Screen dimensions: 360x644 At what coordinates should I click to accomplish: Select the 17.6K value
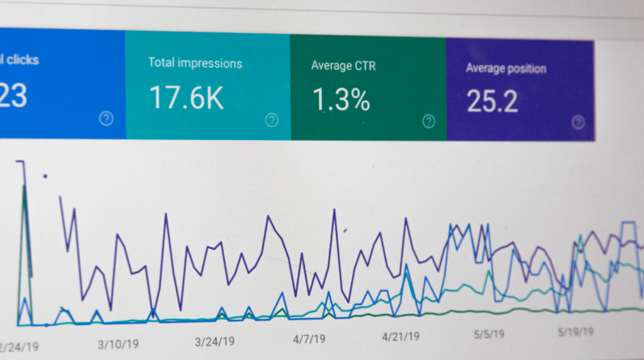pos(186,98)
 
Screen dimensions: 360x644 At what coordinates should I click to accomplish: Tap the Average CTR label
pos(342,66)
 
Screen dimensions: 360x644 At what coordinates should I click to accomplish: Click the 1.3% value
pos(341,100)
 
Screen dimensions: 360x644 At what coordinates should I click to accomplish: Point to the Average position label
pos(506,68)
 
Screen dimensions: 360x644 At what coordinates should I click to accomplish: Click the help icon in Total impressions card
pos(272,120)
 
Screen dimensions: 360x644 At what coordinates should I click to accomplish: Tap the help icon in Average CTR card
pos(429,121)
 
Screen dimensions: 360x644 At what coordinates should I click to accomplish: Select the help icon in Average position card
pos(578,122)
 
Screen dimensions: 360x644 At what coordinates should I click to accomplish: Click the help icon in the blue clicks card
pos(106,119)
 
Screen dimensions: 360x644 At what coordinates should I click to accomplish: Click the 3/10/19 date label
pos(117,344)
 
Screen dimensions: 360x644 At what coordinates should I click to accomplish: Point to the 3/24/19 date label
pos(214,341)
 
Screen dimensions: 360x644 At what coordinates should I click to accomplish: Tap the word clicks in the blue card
pos(21,60)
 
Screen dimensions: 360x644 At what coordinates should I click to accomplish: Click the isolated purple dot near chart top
pos(44,175)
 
